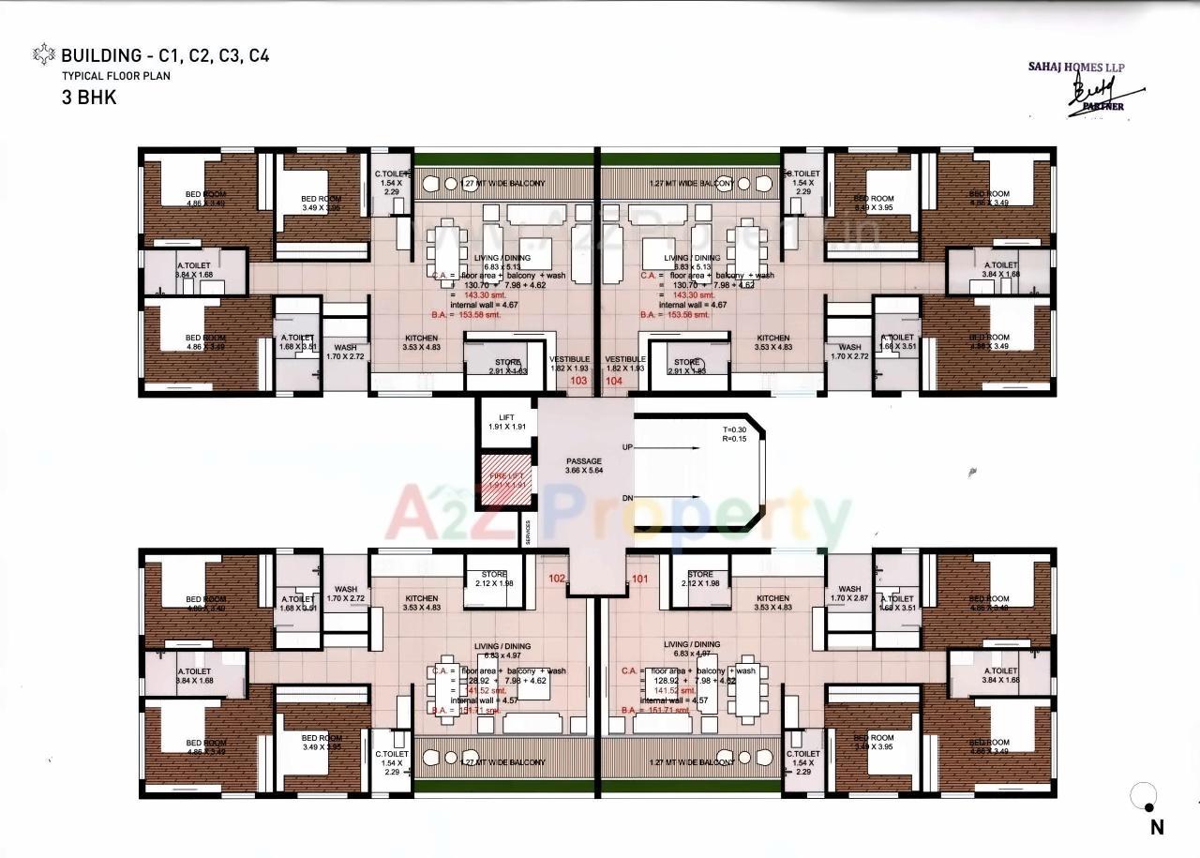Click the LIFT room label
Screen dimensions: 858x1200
pyautogui.click(x=507, y=418)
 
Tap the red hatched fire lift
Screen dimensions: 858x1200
pyautogui.click(x=507, y=481)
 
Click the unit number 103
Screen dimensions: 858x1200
pyautogui.click(x=579, y=382)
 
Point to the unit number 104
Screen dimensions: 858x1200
pyautogui.click(x=614, y=382)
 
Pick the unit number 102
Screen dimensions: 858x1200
pyautogui.click(x=557, y=579)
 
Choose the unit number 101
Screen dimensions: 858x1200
pyautogui.click(x=640, y=579)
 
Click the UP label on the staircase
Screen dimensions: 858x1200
pyautogui.click(x=627, y=449)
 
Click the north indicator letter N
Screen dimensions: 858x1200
pyautogui.click(x=1157, y=827)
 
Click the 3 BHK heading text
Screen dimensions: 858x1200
pyautogui.click(x=89, y=97)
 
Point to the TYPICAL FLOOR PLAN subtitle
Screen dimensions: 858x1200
pyautogui.click(x=116, y=76)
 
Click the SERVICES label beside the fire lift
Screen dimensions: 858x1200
pyautogui.click(x=529, y=533)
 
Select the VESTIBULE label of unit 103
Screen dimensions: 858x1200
pyautogui.click(x=569, y=359)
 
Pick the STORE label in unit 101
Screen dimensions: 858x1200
pyautogui.click(x=700, y=574)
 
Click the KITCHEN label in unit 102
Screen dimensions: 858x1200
pyautogui.click(x=422, y=598)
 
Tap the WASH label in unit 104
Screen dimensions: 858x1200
pyautogui.click(x=850, y=348)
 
